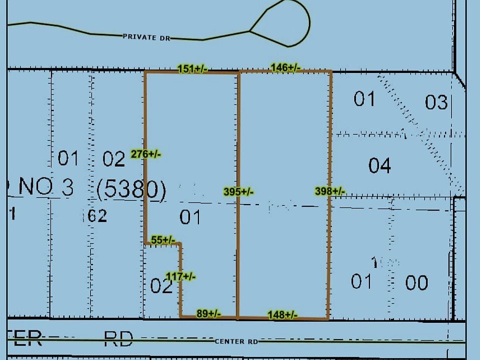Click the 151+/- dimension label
tap(192, 69)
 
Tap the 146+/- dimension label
tap(285, 67)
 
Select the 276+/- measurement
tap(145, 154)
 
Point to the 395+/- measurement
tap(238, 191)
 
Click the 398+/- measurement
tap(330, 191)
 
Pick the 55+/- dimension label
tap(163, 240)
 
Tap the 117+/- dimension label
tap(180, 276)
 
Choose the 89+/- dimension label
tap(208, 314)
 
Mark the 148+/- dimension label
tap(283, 314)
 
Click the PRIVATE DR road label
tap(146, 36)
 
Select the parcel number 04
tap(379, 165)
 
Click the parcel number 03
tap(436, 102)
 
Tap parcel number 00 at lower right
tap(416, 283)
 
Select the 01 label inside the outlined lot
tap(190, 217)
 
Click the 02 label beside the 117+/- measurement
tap(161, 286)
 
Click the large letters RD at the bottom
tap(118, 339)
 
